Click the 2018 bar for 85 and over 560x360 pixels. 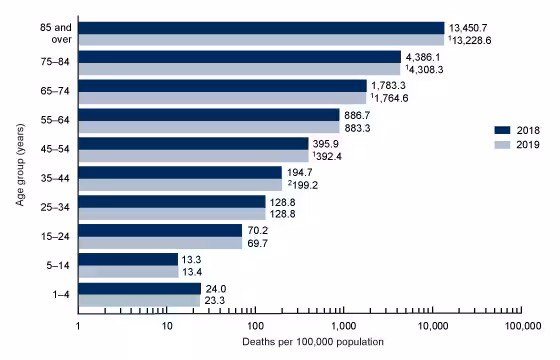(x=260, y=28)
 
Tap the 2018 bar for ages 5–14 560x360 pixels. (x=127, y=260)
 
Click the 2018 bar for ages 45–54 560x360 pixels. (x=193, y=144)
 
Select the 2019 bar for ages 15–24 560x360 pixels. (x=159, y=243)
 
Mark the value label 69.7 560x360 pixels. (x=258, y=243)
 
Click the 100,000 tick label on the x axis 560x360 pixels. (x=521, y=327)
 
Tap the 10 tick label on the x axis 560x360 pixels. (x=166, y=327)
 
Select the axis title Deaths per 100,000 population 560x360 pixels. (x=299, y=344)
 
